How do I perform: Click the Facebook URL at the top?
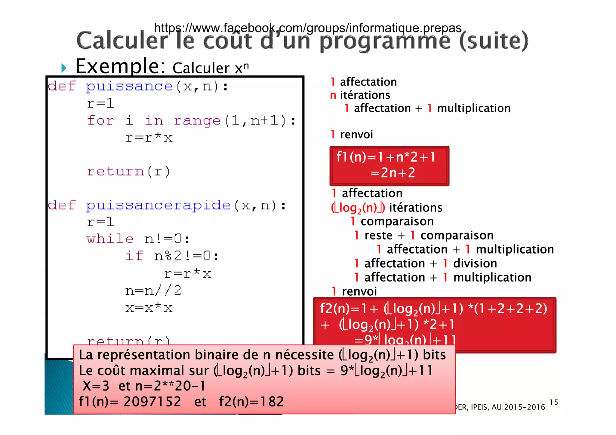tap(307, 28)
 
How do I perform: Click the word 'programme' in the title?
tap(385, 41)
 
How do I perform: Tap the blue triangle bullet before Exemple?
tap(63, 68)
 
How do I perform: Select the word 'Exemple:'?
tap(120, 66)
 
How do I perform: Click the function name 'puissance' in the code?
tap(129, 87)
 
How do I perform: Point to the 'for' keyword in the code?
tap(100, 120)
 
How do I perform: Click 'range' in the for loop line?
tap(197, 120)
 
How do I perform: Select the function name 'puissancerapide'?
tap(158, 205)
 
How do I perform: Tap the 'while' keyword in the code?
tap(110, 239)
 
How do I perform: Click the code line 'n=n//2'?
tap(153, 291)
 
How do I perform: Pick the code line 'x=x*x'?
tap(149, 308)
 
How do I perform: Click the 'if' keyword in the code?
tap(134, 256)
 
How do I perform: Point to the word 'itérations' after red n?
tap(365, 95)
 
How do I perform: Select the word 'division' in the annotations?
tap(475, 263)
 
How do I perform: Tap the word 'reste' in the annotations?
tap(378, 236)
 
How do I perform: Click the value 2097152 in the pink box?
tap(152, 402)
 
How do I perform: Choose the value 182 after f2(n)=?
tap(272, 402)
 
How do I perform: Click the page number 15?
tap(553, 402)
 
